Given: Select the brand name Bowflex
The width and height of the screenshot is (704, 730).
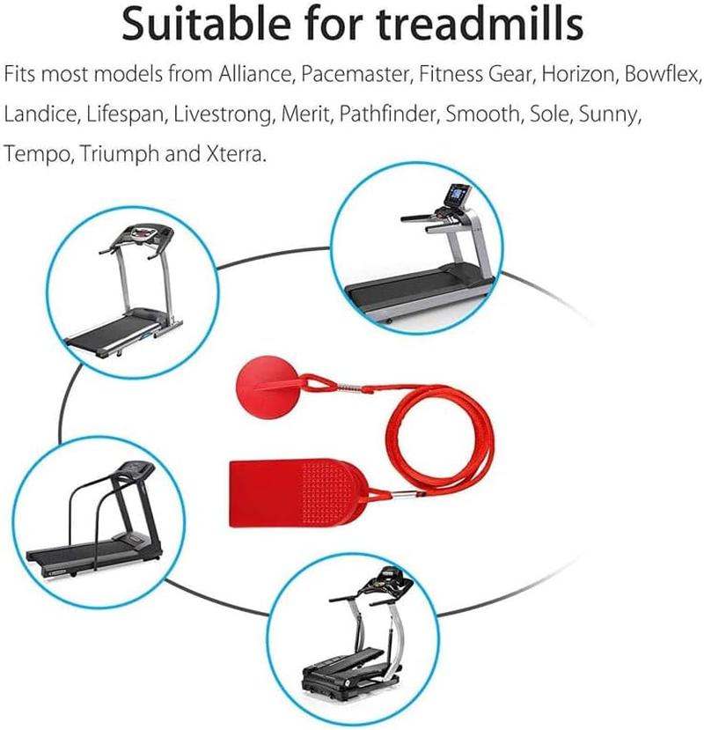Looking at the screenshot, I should (x=662, y=74).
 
